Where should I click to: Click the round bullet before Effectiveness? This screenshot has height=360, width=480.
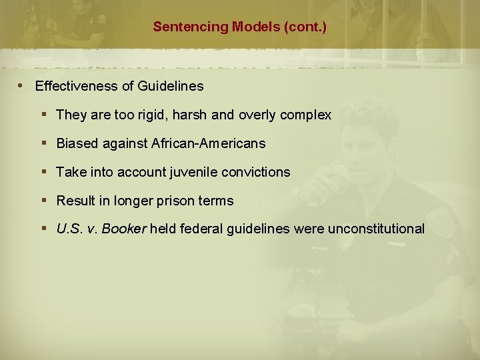(22, 86)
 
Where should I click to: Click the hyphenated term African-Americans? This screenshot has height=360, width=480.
(208, 143)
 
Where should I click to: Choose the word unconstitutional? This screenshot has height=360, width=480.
(375, 229)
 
